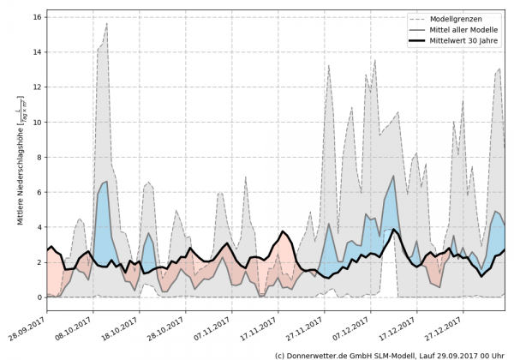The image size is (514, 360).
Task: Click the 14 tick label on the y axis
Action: (38, 51)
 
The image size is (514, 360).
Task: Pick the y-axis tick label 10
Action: (38, 122)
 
